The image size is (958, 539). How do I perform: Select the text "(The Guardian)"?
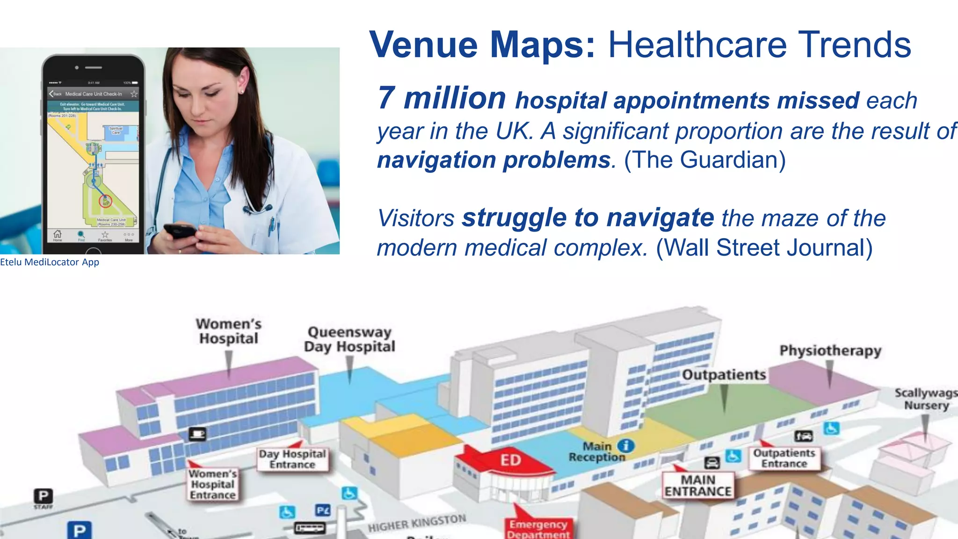[x=704, y=160]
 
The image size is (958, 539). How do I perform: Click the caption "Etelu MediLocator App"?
[x=50, y=262]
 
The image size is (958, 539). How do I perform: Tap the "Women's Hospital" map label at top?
[x=228, y=331]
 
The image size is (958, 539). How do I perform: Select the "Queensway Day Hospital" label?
[x=349, y=339]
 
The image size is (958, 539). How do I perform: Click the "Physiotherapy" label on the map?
[x=830, y=350]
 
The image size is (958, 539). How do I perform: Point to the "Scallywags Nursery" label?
[x=926, y=399]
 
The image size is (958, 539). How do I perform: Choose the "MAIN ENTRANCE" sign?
[x=698, y=486]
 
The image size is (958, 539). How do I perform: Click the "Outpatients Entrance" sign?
[x=784, y=458]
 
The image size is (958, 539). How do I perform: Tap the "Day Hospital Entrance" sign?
[x=292, y=459]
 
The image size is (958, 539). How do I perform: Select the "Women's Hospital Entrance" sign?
[x=213, y=484]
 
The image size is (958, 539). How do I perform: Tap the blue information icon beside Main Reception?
[x=626, y=445]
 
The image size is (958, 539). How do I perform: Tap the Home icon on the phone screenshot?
[x=58, y=234]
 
